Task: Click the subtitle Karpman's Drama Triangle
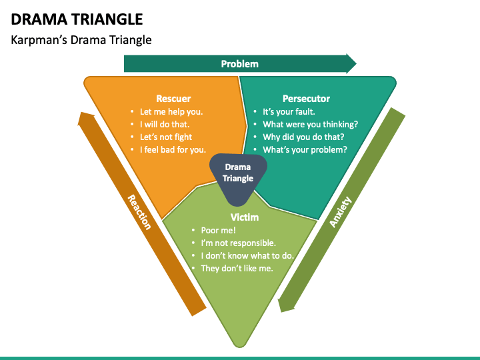(81, 40)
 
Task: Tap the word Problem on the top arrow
(239, 64)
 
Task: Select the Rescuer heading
(173, 99)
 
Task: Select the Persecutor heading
(306, 99)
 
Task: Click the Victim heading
(245, 217)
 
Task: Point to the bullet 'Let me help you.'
(171, 112)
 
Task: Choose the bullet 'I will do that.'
(164, 125)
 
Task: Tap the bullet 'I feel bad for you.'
(173, 150)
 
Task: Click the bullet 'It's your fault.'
(289, 112)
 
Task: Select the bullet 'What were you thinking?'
(310, 125)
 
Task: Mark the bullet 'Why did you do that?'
(303, 137)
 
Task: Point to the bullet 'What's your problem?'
(305, 150)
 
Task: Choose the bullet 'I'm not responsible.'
(238, 243)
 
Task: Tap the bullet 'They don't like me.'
(237, 269)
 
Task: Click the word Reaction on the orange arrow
(139, 212)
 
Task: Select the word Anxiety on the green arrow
(340, 211)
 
